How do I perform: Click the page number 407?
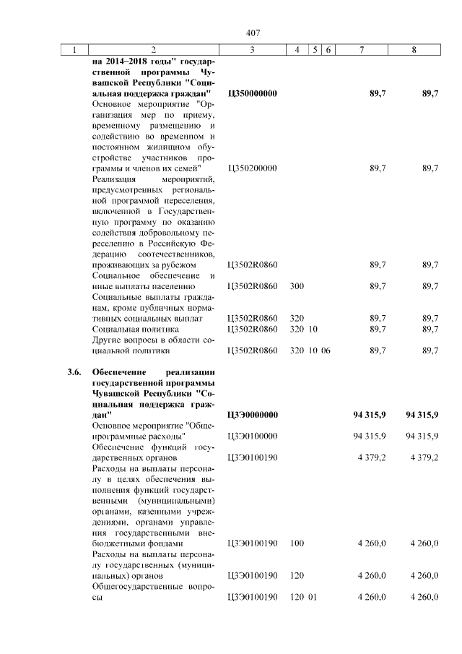click(253, 33)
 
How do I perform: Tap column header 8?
click(414, 50)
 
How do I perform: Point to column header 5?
click(315, 50)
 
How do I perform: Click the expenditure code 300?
click(297, 286)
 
